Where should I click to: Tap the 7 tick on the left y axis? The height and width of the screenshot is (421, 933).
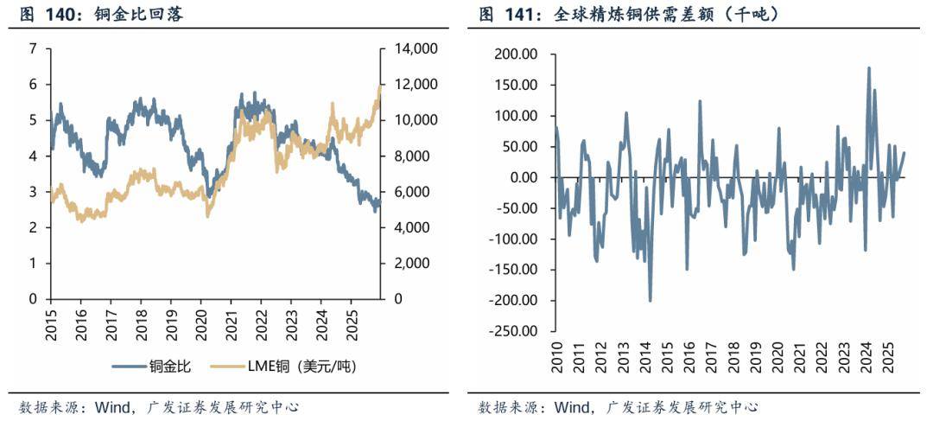(34, 49)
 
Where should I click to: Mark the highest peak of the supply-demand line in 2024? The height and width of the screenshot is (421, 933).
(868, 67)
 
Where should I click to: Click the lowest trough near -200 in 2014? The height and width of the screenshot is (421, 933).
(650, 300)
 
